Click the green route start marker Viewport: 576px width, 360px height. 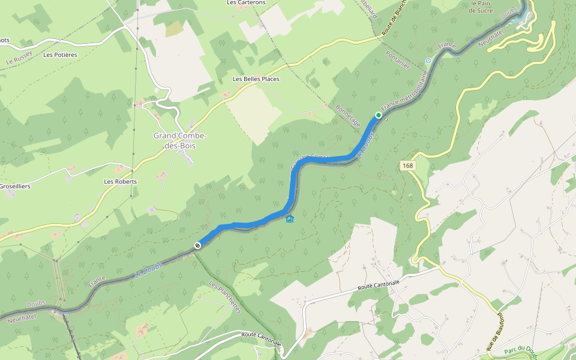(379, 115)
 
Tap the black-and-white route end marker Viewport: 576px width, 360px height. (197, 245)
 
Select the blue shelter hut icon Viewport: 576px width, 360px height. (290, 218)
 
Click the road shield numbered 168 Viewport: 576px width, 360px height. (408, 165)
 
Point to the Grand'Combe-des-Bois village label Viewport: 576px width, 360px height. (180, 140)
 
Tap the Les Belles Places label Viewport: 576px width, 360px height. (256, 79)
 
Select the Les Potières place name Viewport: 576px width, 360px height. (61, 55)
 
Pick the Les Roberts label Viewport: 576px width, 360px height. (121, 181)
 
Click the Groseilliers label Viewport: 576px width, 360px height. (16, 187)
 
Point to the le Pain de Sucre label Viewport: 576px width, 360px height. (481, 7)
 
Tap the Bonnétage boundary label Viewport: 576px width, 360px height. (349, 115)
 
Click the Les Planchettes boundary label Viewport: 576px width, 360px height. (226, 297)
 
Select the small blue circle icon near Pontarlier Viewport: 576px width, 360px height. (428, 61)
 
